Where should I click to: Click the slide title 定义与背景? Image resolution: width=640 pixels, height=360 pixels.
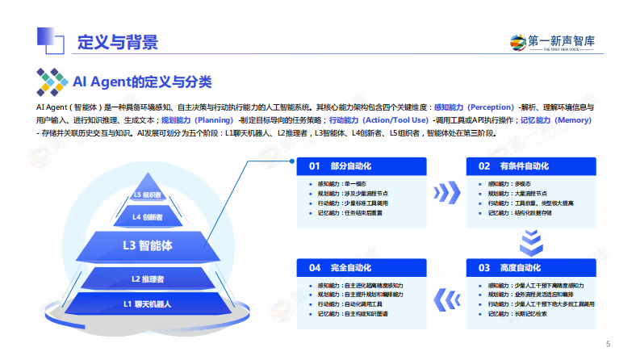(x=117, y=42)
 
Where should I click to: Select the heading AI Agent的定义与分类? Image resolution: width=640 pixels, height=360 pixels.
(x=142, y=81)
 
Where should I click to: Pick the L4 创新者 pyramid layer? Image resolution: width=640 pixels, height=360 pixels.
(x=148, y=216)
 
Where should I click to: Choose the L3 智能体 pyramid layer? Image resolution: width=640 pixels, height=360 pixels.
(x=148, y=244)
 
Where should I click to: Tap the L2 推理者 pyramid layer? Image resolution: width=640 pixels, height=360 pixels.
(x=148, y=278)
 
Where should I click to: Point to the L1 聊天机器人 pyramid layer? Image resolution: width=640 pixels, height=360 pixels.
(x=148, y=303)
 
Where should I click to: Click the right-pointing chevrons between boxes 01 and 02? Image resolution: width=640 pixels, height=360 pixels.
(x=446, y=192)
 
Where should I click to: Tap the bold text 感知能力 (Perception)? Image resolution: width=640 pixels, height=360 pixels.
(x=474, y=107)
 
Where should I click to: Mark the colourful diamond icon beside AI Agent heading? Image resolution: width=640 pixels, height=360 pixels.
(x=52, y=82)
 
